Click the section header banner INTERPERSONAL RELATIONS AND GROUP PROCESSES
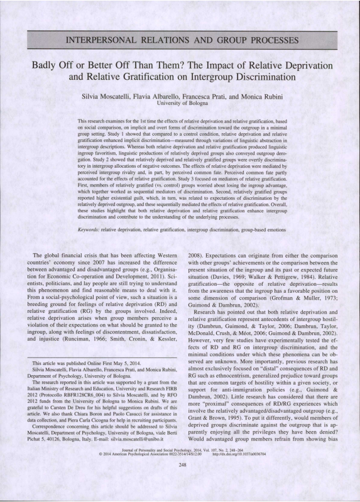[180, 42]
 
